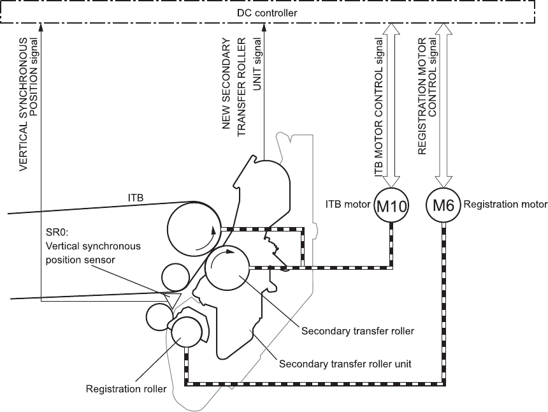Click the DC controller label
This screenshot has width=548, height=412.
pyautogui.click(x=267, y=13)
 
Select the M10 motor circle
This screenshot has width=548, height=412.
pyautogui.click(x=391, y=205)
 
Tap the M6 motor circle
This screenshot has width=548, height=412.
pyautogui.click(x=443, y=205)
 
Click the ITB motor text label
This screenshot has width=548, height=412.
pyautogui.click(x=348, y=204)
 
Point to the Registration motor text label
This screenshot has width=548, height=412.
pyautogui.click(x=505, y=204)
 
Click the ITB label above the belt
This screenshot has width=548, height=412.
pyautogui.click(x=136, y=198)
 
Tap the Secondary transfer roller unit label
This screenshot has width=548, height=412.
pyautogui.click(x=345, y=364)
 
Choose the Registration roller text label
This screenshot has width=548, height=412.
pyautogui.click(x=126, y=389)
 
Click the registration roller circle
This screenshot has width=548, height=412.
pyautogui.click(x=187, y=332)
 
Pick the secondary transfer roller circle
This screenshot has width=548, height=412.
pyautogui.click(x=227, y=268)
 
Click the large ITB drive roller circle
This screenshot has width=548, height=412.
pyautogui.click(x=194, y=228)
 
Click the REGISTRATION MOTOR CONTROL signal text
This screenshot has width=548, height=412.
pyautogui.click(x=428, y=96)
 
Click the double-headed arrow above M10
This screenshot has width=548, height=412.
pyautogui.click(x=391, y=106)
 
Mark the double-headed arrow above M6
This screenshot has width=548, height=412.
pyautogui.click(x=443, y=106)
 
